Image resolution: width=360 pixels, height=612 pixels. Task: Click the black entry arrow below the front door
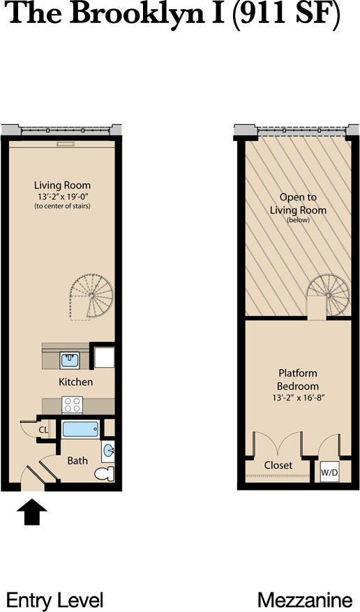point(32,512)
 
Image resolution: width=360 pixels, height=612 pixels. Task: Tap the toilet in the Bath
point(105,474)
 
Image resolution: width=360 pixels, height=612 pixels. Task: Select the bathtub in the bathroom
point(81,430)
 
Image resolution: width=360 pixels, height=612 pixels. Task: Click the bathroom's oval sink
point(108,451)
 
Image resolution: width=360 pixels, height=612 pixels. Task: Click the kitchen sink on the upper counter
point(70,359)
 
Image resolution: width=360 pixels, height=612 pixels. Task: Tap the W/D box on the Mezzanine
point(329,472)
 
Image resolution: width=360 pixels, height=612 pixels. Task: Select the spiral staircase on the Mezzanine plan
point(327,296)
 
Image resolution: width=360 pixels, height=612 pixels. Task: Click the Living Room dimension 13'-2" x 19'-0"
point(62,196)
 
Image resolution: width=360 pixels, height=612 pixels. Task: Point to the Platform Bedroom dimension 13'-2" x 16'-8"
point(299,398)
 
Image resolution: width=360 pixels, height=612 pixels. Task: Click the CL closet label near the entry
point(43,430)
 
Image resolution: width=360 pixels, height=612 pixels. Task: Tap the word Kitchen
point(75,382)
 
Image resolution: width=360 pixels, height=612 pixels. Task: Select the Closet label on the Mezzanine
point(278,465)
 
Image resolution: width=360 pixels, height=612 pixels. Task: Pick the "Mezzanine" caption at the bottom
point(305,600)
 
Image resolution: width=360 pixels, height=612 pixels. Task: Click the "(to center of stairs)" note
point(62,206)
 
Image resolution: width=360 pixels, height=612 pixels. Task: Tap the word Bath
point(77,461)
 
